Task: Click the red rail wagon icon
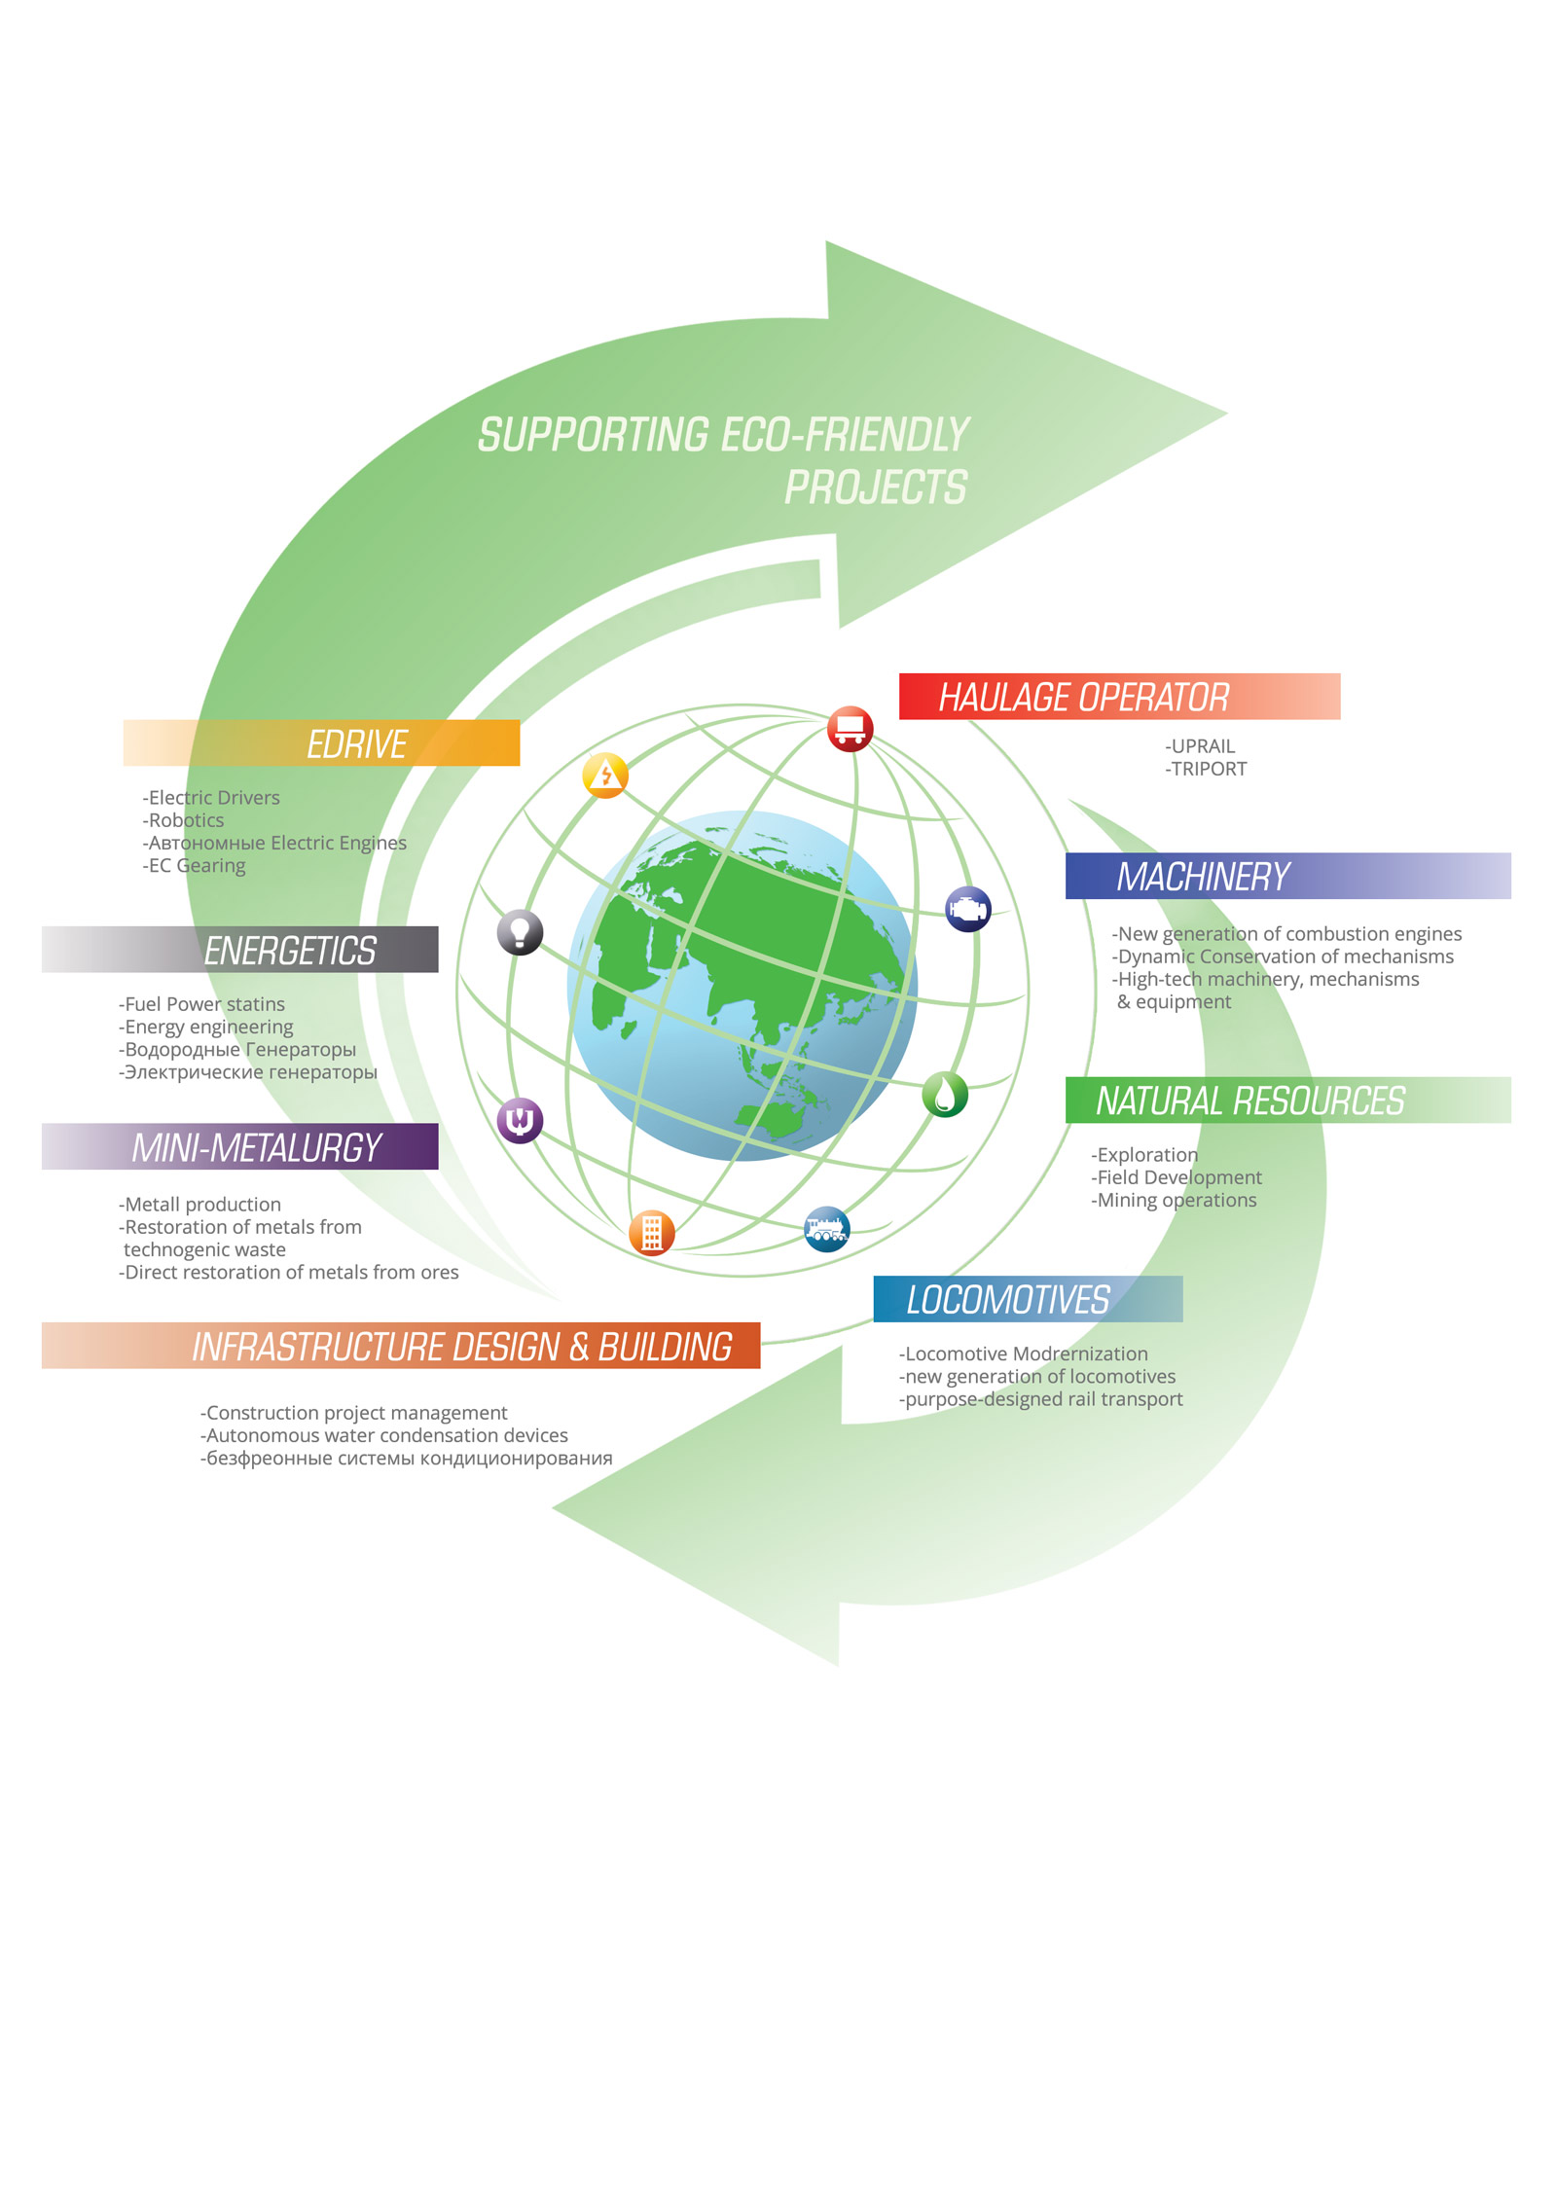(x=850, y=728)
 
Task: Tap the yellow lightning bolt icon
(x=605, y=776)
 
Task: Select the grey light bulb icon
(x=520, y=932)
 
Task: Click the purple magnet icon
(x=520, y=1120)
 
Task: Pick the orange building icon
(x=651, y=1233)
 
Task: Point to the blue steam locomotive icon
(x=826, y=1229)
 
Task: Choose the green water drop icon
(x=944, y=1094)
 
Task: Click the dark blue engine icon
(x=967, y=910)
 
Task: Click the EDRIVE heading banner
(x=356, y=743)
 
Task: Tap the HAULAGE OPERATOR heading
(x=1083, y=697)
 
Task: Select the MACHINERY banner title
(x=1203, y=877)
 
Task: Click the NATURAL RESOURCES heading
(x=1250, y=1101)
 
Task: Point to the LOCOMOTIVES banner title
(x=1007, y=1299)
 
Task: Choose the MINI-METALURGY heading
(x=256, y=1147)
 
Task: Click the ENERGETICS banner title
(x=289, y=950)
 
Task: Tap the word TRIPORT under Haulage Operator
(x=1209, y=769)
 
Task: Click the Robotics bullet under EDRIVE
(x=185, y=820)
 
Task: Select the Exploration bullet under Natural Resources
(x=1146, y=1154)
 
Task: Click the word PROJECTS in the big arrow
(x=876, y=487)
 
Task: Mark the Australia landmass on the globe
(x=775, y=1122)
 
